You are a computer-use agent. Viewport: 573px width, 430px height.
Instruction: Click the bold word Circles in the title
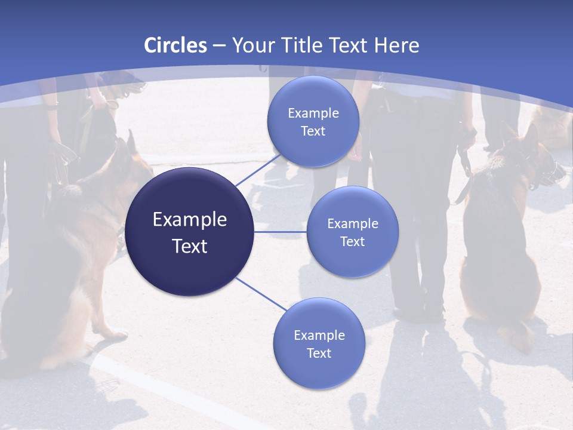[175, 45]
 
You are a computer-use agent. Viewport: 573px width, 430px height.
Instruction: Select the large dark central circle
[189, 232]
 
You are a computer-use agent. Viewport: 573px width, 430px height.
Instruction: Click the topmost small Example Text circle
[313, 121]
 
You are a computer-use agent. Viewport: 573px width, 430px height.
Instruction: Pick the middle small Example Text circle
[352, 232]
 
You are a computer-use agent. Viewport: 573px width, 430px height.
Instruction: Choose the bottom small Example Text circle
[319, 343]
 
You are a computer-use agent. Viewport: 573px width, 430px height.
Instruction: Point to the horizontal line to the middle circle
[281, 232]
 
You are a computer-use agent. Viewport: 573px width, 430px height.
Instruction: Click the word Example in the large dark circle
[189, 220]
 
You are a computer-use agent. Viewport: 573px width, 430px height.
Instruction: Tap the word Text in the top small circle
[313, 131]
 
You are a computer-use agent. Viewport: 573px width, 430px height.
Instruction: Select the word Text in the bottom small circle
[319, 353]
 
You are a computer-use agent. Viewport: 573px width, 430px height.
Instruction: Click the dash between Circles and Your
[218, 45]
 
